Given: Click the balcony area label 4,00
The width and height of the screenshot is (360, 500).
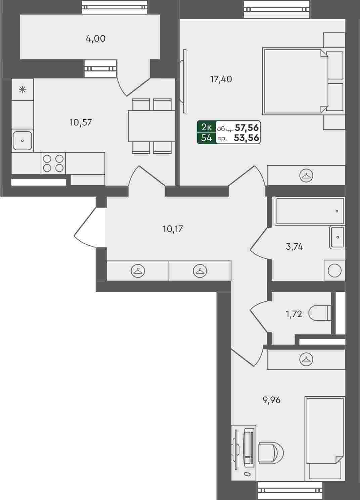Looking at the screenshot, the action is click(95, 39).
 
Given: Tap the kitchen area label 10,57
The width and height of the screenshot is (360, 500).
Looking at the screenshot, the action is click(81, 122).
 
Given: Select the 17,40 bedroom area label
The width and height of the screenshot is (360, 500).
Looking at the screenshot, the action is click(221, 79).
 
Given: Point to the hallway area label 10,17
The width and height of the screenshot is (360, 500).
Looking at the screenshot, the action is click(173, 229).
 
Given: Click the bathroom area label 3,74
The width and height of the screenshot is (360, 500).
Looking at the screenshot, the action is click(294, 247).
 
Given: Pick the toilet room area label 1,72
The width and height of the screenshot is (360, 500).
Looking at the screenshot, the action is click(294, 314).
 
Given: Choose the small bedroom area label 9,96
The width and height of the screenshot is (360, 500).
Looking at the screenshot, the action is click(272, 400).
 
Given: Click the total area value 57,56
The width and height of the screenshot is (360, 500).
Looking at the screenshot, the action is click(247, 128).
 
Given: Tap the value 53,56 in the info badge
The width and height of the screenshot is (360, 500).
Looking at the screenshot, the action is click(246, 138).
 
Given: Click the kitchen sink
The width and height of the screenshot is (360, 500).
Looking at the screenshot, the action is click(22, 141).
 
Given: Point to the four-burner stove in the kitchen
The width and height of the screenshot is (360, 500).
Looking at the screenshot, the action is click(53, 163).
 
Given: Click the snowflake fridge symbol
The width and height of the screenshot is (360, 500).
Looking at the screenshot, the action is click(22, 90).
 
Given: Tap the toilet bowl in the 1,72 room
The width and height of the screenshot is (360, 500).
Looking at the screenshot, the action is click(320, 313).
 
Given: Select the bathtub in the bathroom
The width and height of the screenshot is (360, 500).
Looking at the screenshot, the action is click(310, 211).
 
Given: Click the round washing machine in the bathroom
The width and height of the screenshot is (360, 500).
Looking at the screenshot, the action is click(334, 271).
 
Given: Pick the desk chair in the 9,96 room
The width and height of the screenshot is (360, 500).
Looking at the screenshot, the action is click(271, 452).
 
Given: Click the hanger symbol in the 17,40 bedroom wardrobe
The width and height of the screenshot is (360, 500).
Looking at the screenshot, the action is click(306, 176).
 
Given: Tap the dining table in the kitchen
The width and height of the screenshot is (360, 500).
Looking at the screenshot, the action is click(151, 126).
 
